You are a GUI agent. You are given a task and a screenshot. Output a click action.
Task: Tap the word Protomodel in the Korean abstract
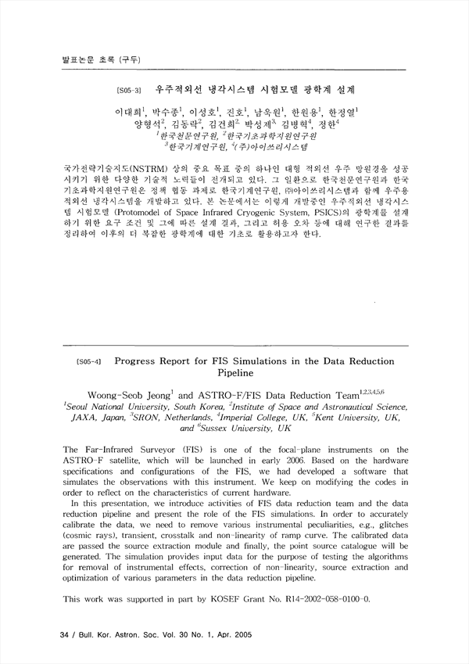(x=135, y=211)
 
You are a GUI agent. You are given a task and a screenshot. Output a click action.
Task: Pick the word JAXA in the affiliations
(x=77, y=418)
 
